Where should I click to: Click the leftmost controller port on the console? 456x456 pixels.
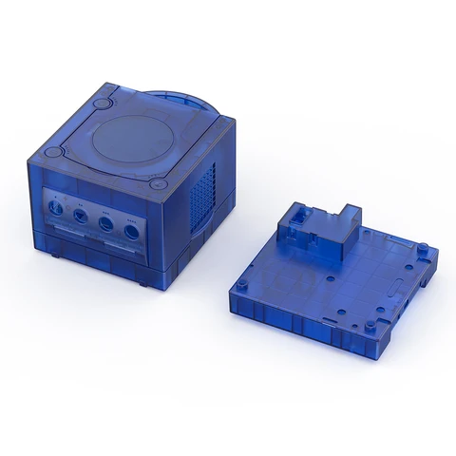click(58, 211)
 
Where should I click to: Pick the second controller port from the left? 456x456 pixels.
click(80, 218)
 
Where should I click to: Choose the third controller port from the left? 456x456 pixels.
click(105, 224)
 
